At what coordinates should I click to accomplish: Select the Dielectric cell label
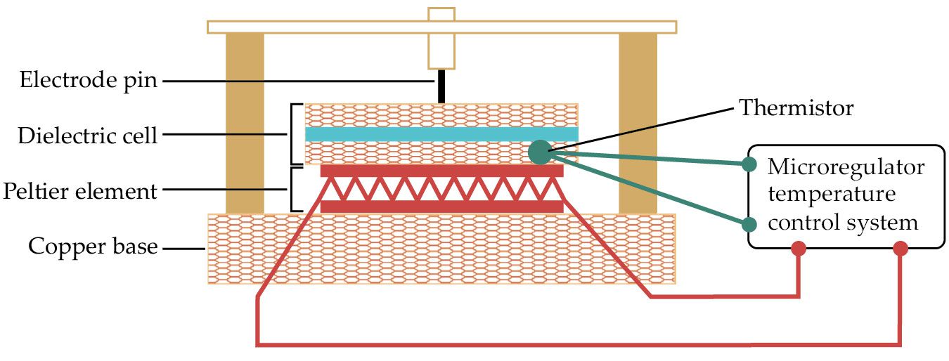pos(87,136)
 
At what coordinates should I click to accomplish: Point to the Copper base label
pos(92,247)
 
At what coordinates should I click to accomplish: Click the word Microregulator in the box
pos(846,169)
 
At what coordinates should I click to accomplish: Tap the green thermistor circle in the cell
pos(539,152)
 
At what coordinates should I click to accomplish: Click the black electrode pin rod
pos(441,86)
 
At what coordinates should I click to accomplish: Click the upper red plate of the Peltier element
pos(441,171)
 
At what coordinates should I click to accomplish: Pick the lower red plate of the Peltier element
pos(441,206)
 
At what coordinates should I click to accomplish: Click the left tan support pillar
pos(245,123)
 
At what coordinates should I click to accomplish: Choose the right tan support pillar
pos(638,123)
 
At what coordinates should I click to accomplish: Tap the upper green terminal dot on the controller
pos(749,165)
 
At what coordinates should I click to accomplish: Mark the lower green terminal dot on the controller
pos(749,225)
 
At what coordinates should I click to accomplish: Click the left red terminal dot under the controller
pos(799,249)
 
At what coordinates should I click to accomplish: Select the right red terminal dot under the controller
pos(900,249)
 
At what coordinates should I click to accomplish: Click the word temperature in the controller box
pos(820,196)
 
